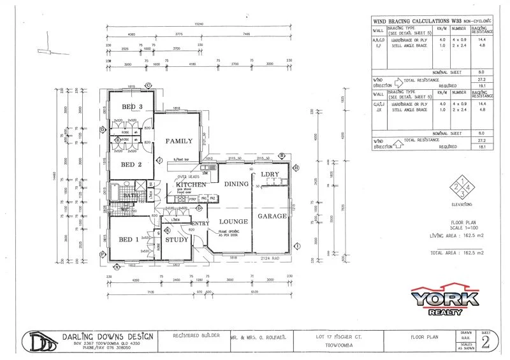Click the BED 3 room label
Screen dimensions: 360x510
click(131, 106)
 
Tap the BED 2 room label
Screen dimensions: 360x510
click(131, 164)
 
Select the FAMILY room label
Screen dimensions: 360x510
click(179, 141)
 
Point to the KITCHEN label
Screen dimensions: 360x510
click(191, 184)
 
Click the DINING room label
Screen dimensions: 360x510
click(235, 184)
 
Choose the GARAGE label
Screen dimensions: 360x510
click(272, 217)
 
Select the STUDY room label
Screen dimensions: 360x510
click(177, 240)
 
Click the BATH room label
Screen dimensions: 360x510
click(131, 195)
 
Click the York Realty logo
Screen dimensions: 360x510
click(444, 299)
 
